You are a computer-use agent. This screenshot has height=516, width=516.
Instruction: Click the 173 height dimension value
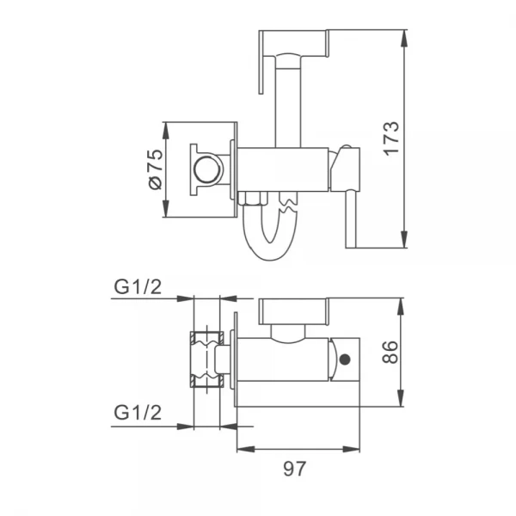pyautogui.click(x=390, y=138)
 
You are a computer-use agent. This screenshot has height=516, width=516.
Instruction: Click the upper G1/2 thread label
pyautogui.click(x=137, y=286)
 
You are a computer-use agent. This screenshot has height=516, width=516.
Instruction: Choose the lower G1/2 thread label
pyautogui.click(x=137, y=412)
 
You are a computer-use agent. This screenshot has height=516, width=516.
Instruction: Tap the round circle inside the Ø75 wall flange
pyautogui.click(x=206, y=169)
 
